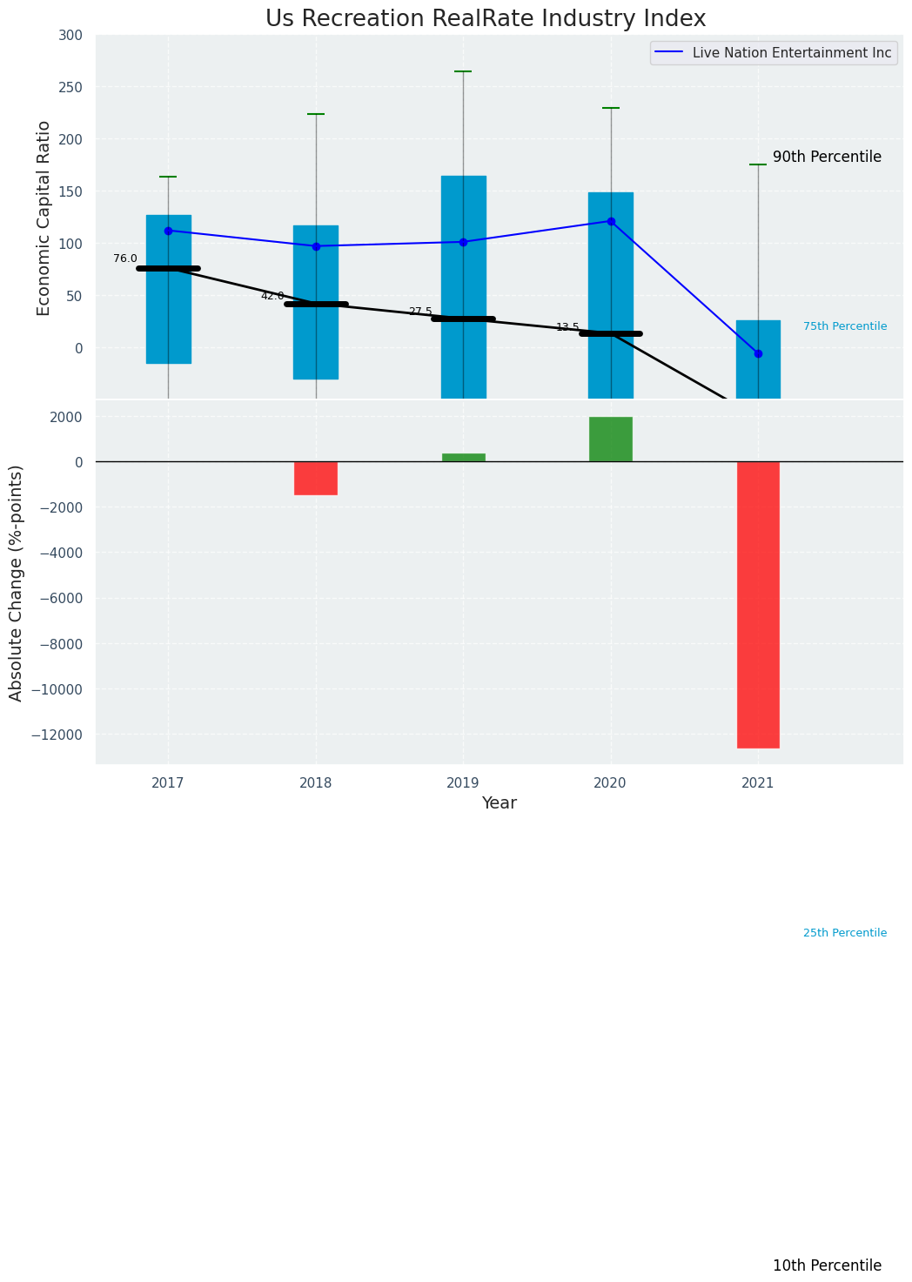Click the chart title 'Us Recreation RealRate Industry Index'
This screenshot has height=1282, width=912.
(x=486, y=19)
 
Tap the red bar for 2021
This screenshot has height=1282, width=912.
(x=758, y=604)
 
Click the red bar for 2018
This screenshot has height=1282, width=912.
(x=316, y=478)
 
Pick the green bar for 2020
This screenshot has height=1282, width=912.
(x=610, y=440)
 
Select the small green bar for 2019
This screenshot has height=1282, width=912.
(x=463, y=457)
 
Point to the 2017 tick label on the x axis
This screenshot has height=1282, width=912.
(x=168, y=783)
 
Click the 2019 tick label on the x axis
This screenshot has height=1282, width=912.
(x=463, y=783)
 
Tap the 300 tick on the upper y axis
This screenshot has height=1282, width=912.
(x=71, y=35)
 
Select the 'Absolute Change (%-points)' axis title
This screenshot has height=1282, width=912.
(x=17, y=582)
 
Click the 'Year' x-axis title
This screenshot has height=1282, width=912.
(x=500, y=803)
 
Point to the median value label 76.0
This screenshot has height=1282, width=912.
(x=125, y=258)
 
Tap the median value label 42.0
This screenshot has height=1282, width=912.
(x=272, y=296)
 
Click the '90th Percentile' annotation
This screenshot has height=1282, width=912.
(x=827, y=158)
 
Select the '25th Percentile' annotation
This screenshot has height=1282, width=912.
(x=845, y=933)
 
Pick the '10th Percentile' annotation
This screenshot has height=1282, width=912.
(x=827, y=1266)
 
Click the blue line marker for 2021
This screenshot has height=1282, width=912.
(x=758, y=353)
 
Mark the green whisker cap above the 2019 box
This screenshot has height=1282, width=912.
(x=463, y=71)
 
